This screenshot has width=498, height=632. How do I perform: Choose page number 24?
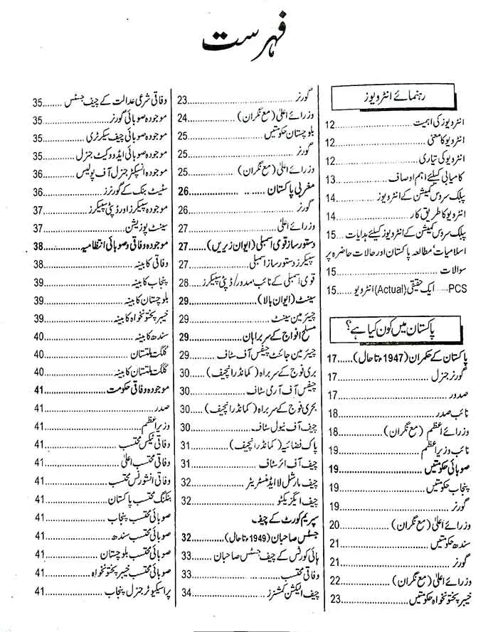pyautogui.click(x=184, y=117)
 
